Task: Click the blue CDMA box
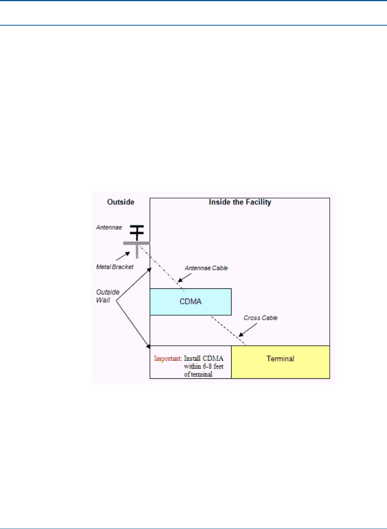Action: [190, 302]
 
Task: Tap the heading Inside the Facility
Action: [240, 202]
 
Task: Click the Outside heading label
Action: [120, 202]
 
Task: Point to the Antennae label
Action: [109, 227]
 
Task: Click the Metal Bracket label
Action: [114, 267]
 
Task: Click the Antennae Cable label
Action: [206, 268]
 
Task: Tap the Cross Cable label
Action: [261, 318]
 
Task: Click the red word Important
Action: [168, 358]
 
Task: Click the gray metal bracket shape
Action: [137, 247]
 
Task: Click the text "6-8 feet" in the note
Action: [213, 366]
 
